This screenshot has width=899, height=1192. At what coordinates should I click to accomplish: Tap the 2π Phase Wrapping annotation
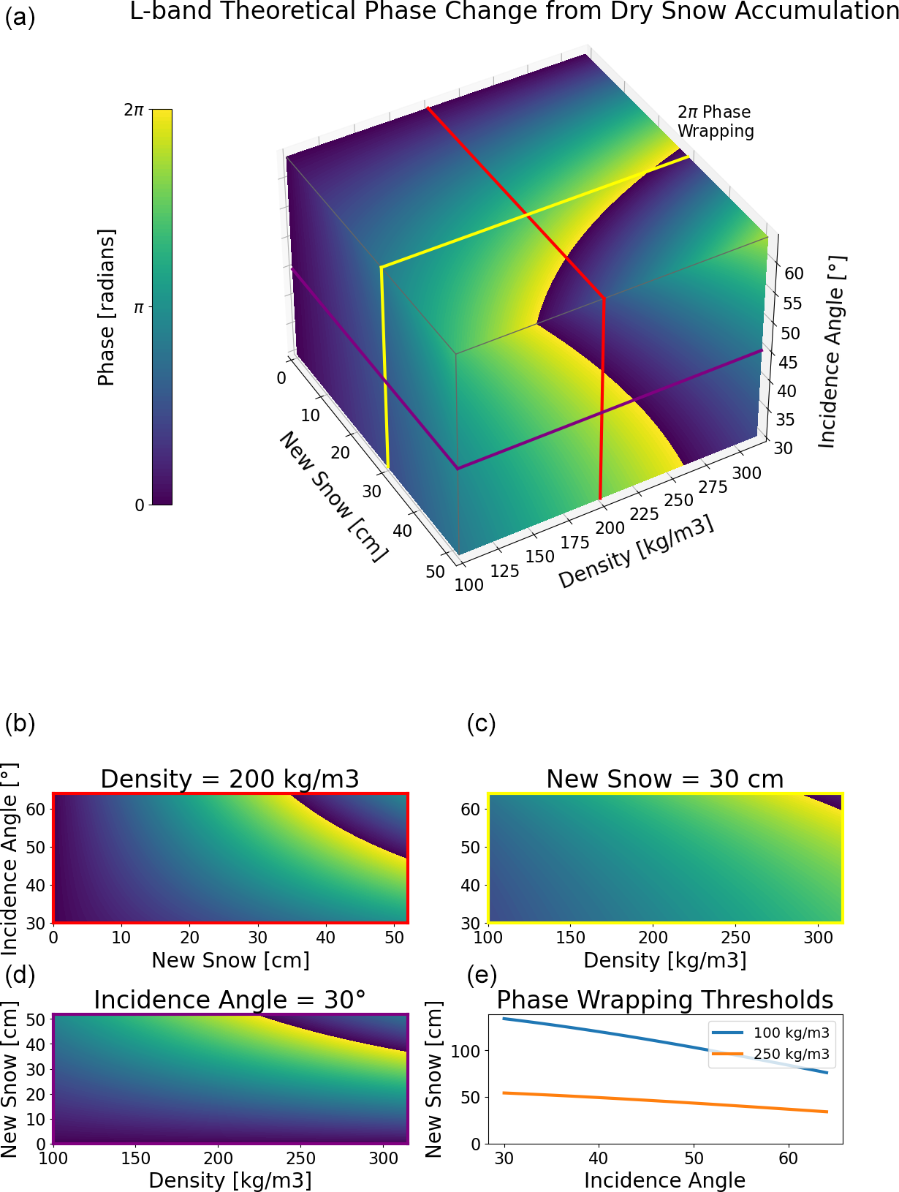pos(715,121)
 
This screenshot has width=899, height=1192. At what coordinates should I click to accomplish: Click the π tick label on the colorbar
pos(138,308)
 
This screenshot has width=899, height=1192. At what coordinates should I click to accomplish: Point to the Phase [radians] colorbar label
pos(107,307)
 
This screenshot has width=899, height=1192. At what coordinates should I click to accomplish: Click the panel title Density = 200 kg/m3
pos(230,779)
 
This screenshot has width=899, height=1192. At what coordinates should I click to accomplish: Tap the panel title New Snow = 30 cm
pos(664,779)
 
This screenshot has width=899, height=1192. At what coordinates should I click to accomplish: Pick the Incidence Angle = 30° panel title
pos(230,1000)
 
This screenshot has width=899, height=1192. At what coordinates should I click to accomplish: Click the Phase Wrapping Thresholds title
pos(664,1000)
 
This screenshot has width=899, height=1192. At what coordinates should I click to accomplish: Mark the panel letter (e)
pos(481,975)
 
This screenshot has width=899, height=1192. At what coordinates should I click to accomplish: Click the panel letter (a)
pos(20,16)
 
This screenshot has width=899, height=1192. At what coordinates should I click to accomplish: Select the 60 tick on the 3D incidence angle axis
pos(794,274)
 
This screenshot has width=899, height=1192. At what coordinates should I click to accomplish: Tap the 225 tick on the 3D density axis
pos(644,515)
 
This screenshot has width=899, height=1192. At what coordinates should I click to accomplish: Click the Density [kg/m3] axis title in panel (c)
pos(664,960)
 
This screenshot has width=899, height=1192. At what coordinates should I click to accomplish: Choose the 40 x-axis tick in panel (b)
pos(326,937)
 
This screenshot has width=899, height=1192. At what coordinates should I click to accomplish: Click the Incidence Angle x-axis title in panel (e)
pos(664,1180)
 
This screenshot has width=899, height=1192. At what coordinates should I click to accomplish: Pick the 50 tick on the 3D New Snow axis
pos(435,572)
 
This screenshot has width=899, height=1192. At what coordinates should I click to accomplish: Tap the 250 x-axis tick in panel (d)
pos(300,1158)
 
